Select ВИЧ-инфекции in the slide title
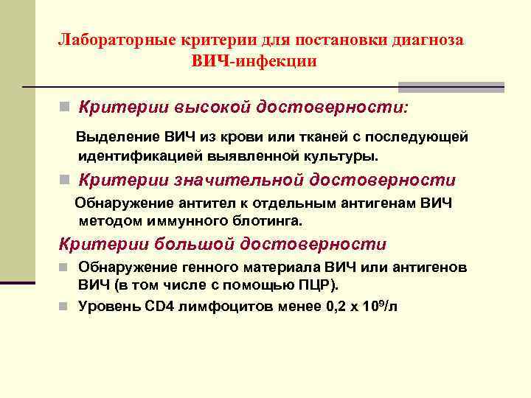(x=255, y=61)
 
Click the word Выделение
(x=113, y=138)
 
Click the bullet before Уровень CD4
(x=65, y=307)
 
